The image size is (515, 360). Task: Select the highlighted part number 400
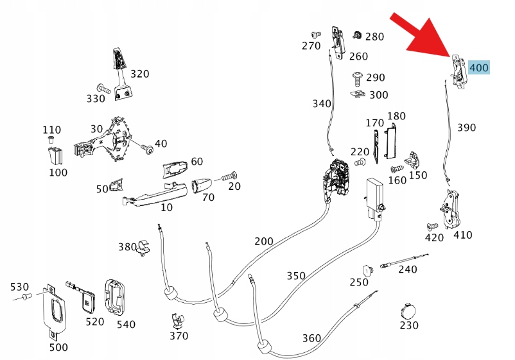click(479, 67)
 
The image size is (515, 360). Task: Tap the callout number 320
click(139, 74)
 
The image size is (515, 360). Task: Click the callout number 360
click(311, 338)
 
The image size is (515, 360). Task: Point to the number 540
click(126, 324)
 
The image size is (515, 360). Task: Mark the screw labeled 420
click(432, 227)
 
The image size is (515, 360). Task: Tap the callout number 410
click(462, 235)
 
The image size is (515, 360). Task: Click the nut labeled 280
click(358, 34)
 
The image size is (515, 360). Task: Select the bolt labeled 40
click(148, 150)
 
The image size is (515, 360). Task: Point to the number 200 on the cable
click(263, 241)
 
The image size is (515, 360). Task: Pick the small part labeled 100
click(55, 155)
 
